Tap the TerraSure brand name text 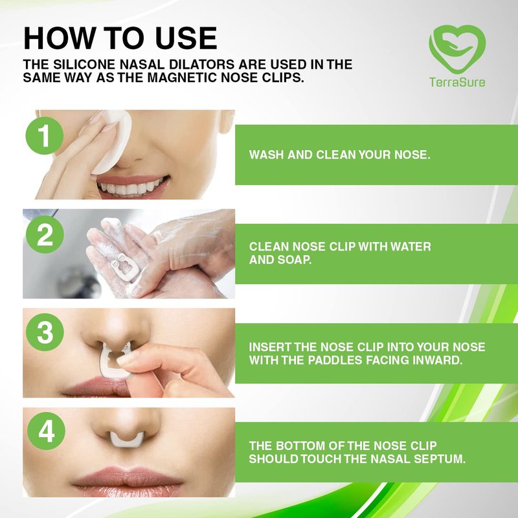coord(457,82)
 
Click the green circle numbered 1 coord(45,135)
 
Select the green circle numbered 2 coord(45,234)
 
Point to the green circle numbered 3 coord(45,332)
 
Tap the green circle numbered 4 coord(46,431)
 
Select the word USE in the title coord(186,38)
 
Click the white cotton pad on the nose coord(111,142)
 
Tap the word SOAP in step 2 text coord(295,260)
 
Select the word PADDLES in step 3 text coord(335,360)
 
